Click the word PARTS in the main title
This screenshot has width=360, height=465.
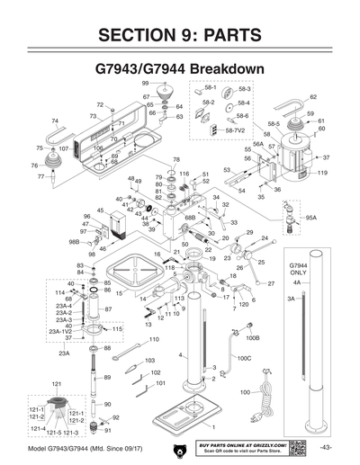(x=228, y=35)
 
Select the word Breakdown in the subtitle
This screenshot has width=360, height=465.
(x=220, y=69)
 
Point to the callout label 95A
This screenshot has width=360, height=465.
(x=311, y=217)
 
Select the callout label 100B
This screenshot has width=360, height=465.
(x=253, y=338)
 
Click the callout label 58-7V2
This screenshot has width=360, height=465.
(x=235, y=130)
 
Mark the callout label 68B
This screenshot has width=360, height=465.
(x=190, y=217)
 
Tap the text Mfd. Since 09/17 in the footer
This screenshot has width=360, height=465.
(x=121, y=448)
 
